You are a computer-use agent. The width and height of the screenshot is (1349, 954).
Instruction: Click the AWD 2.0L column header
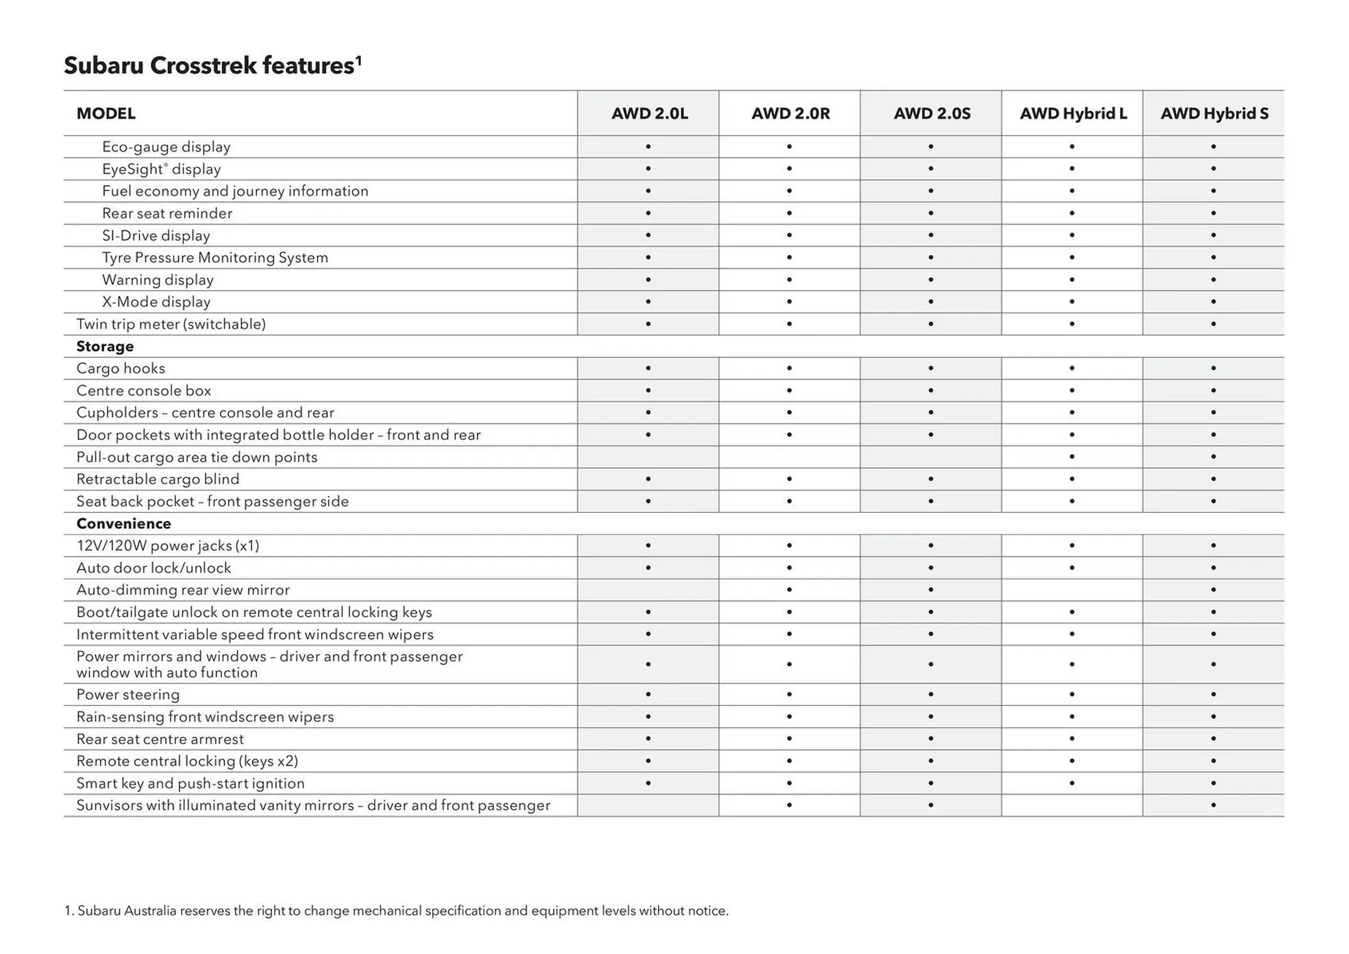(649, 114)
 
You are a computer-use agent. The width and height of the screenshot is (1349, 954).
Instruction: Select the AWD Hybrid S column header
(1214, 114)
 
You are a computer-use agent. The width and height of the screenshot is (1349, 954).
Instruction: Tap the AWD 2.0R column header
(790, 114)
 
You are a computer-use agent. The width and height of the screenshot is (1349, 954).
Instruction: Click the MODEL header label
(106, 114)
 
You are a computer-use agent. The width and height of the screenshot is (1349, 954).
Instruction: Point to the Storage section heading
(105, 346)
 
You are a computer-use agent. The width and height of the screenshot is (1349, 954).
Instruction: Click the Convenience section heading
(124, 523)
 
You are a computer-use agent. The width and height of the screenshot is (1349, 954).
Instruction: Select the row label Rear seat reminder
(167, 214)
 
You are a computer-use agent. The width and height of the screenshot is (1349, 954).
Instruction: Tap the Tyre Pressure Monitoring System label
(215, 258)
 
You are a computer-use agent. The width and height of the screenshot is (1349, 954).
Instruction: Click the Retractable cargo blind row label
(158, 479)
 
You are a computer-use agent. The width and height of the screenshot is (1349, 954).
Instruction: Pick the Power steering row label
(128, 695)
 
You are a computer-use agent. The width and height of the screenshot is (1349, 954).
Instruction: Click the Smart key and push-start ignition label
(190, 783)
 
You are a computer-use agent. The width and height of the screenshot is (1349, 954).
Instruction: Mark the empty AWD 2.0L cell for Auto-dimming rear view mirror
(648, 590)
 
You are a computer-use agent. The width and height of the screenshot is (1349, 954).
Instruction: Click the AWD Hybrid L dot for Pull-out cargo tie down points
(1072, 457)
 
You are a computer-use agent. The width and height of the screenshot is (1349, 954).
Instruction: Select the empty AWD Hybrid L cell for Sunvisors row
(1072, 806)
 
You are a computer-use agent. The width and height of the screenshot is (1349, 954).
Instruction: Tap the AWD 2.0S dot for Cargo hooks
(931, 368)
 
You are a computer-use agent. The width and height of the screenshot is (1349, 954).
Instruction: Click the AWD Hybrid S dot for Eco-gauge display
(1213, 147)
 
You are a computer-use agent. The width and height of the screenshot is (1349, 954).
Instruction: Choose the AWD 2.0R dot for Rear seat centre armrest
(790, 739)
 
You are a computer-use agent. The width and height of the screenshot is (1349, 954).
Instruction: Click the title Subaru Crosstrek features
(212, 65)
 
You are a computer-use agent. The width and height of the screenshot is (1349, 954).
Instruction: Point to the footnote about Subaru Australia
(397, 911)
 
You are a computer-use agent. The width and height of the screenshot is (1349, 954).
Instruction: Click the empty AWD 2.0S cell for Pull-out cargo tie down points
(931, 457)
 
